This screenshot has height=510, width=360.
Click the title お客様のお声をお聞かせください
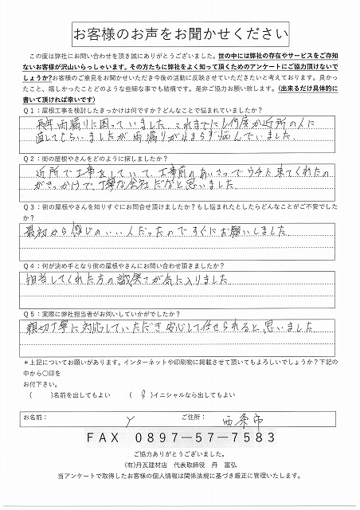pyautogui.click(x=180, y=33)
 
